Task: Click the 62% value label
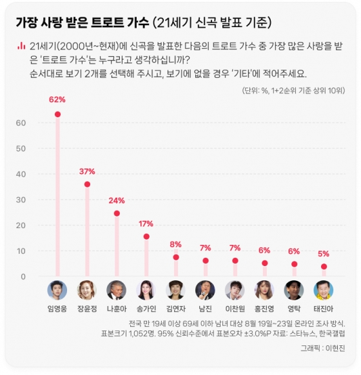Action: (57, 99)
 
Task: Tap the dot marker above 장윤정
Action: (87, 184)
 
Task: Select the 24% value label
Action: (117, 200)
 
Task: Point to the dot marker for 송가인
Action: (146, 236)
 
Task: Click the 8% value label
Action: (175, 244)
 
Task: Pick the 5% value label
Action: (324, 253)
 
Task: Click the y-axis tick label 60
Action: (21, 122)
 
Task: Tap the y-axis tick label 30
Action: (21, 200)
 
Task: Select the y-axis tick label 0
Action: (23, 276)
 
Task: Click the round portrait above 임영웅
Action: (57, 290)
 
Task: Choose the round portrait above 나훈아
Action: (117, 290)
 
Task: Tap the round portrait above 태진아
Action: (324, 290)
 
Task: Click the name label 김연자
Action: (175, 309)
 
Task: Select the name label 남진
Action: (205, 309)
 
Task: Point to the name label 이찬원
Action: (235, 309)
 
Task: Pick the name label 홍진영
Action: (264, 309)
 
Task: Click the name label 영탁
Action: (294, 309)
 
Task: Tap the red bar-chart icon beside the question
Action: (21, 46)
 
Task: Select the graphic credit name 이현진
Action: (335, 348)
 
